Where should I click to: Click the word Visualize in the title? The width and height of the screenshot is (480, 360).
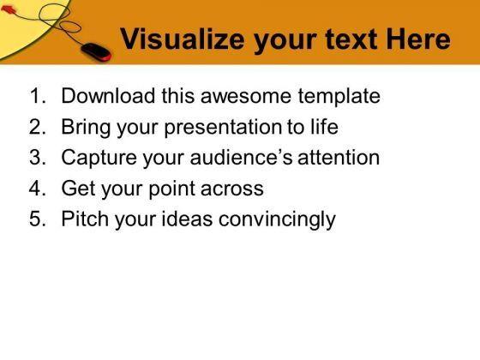[183, 39]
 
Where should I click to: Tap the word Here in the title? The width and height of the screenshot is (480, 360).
[418, 39]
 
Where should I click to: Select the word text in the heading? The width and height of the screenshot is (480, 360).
[351, 39]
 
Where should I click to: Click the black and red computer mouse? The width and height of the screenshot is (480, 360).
[96, 51]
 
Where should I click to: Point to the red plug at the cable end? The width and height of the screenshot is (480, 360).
[8, 9]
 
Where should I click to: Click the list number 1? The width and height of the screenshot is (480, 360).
[38, 96]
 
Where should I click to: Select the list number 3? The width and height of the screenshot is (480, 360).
[38, 158]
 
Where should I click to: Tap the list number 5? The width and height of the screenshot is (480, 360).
[38, 219]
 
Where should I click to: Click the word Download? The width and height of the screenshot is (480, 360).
[108, 96]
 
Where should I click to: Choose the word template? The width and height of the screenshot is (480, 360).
[339, 98]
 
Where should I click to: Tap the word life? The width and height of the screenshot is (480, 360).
[325, 127]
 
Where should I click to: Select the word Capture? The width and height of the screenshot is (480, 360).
[99, 159]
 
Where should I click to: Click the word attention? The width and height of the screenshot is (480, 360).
[339, 158]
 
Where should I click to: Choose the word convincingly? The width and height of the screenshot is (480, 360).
[277, 220]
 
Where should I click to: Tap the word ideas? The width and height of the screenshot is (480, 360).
[187, 219]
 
